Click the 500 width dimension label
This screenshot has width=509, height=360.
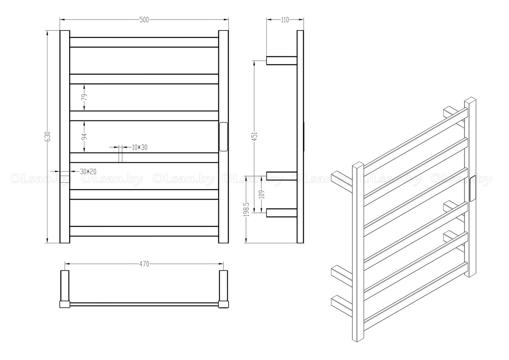coord(144,20)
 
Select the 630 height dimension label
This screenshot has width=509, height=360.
coord(48,136)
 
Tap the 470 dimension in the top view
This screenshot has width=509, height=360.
coord(144,264)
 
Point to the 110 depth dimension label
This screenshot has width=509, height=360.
coord(285,20)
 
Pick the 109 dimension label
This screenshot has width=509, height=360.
coord(262,194)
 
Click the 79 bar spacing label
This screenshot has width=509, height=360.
coord(84,97)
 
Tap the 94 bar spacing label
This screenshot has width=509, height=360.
coord(84,137)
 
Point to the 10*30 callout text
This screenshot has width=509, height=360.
coord(140,147)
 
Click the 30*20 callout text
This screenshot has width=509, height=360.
coord(88,171)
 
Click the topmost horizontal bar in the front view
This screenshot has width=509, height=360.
coord(144,42)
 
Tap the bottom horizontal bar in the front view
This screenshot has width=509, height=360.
coord(144,231)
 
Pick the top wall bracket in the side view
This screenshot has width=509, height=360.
coord(281,60)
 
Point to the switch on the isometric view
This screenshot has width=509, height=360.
coord(473,190)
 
